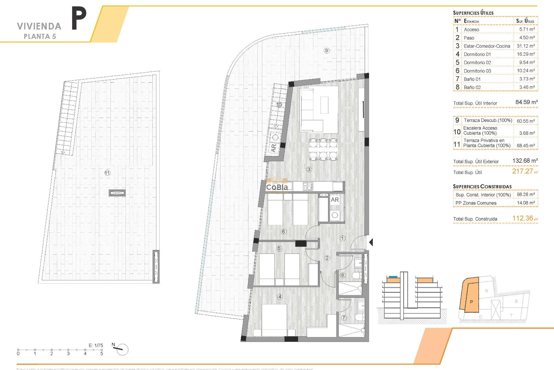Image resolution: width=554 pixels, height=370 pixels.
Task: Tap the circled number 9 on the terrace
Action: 326,51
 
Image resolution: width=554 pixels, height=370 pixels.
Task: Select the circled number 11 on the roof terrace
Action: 107,173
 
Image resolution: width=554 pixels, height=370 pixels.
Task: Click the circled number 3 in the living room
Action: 309,169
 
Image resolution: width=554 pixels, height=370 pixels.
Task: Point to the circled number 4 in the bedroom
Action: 280,297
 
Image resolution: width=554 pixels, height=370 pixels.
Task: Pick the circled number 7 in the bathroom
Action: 344,318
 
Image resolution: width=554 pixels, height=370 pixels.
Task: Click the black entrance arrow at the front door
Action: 371,242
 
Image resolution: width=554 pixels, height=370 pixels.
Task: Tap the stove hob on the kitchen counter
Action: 308,186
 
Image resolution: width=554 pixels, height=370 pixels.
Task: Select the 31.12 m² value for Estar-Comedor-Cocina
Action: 525,46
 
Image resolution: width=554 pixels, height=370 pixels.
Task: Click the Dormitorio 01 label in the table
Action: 477,54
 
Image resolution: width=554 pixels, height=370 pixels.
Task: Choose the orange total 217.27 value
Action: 523,171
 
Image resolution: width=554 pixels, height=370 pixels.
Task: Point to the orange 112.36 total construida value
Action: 523,218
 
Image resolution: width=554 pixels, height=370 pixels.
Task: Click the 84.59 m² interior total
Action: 526,102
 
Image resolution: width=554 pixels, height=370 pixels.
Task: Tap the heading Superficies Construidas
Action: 482,186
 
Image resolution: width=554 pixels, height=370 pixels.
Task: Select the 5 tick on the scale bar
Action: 102,350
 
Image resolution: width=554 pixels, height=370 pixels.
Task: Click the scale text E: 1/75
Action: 96,345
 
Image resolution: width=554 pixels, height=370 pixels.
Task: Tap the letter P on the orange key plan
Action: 471,302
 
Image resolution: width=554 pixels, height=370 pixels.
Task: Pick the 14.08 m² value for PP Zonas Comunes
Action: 525,203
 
